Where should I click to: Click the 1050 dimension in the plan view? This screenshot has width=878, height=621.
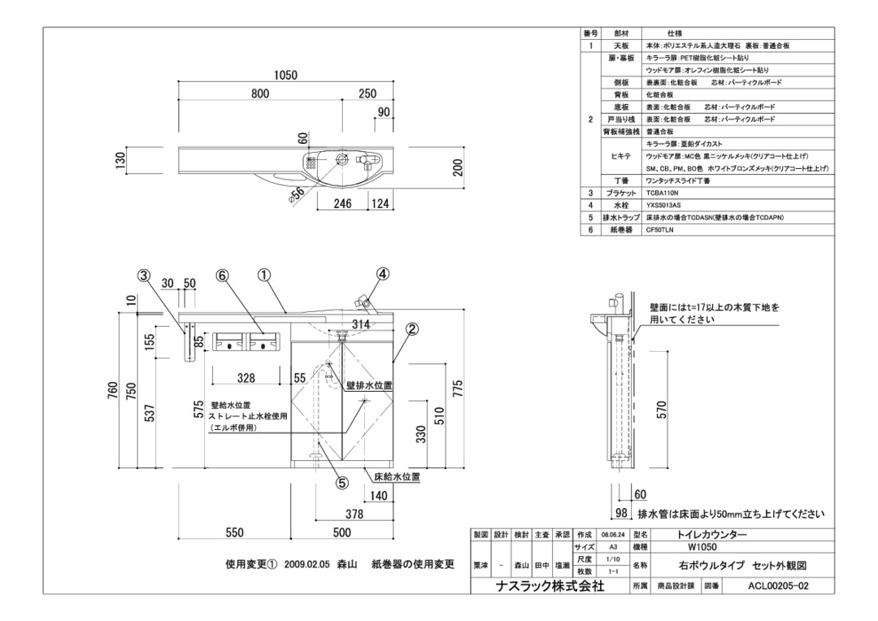coord(285,76)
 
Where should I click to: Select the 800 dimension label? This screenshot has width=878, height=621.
coord(260,93)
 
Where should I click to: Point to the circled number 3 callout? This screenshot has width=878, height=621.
coord(144,276)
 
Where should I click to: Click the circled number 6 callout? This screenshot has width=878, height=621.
coord(222,276)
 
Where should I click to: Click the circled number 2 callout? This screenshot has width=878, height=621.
coord(412,329)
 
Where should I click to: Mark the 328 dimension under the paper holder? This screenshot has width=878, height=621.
coord(246,378)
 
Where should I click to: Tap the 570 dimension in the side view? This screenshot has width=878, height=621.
coord(662,410)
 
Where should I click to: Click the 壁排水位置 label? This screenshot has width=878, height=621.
coord(370,385)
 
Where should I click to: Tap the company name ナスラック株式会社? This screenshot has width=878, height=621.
coord(550,586)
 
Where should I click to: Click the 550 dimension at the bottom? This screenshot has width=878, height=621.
coord(234,533)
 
